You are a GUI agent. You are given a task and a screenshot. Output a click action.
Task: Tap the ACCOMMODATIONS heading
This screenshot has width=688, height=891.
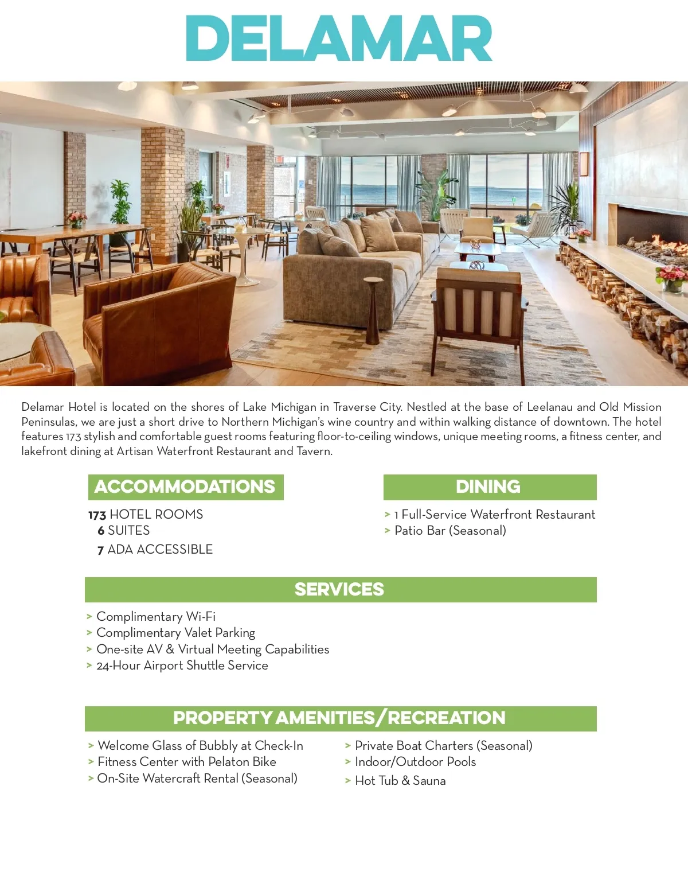click(x=185, y=487)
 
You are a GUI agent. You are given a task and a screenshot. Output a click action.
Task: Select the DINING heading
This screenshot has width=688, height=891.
click(x=488, y=487)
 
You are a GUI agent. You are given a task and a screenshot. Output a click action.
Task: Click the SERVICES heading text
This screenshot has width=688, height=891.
click(x=339, y=589)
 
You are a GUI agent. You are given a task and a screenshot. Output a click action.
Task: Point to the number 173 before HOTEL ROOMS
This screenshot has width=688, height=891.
click(x=97, y=515)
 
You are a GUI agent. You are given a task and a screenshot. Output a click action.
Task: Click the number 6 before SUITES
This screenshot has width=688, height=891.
click(x=101, y=531)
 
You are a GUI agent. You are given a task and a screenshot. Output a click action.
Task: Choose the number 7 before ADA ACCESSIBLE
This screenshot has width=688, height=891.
click(x=101, y=550)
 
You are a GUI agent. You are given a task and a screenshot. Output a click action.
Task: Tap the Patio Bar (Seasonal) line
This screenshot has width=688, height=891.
click(x=450, y=531)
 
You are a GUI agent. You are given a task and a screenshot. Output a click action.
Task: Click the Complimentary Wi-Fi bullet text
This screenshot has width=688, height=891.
click(x=156, y=617)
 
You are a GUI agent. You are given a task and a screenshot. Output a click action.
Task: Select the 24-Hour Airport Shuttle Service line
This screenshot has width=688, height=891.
click(x=182, y=666)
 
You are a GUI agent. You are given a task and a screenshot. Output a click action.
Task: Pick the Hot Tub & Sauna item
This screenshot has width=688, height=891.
click(x=400, y=781)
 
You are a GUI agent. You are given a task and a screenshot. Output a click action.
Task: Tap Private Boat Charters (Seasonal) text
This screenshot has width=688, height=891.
click(x=444, y=746)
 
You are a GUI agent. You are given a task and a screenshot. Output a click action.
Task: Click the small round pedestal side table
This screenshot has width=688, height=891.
click(x=373, y=310)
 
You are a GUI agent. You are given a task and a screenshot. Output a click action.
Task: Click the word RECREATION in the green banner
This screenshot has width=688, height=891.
click(x=447, y=718)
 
